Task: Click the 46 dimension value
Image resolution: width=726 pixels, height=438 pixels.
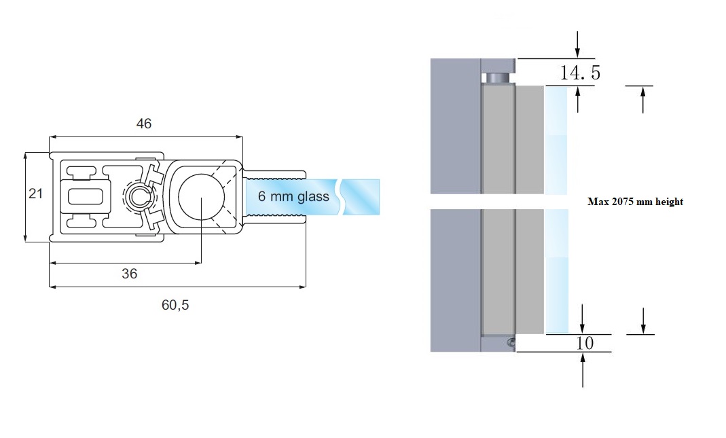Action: pos(143,124)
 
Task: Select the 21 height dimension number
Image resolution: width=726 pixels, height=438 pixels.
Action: pos(35,194)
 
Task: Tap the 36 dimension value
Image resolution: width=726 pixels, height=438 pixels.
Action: pos(129,273)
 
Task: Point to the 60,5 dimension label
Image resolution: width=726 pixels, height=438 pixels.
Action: pos(175,305)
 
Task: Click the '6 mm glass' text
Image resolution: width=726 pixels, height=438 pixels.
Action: pos(293,197)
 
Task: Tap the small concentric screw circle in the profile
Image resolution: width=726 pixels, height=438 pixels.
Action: pos(139,197)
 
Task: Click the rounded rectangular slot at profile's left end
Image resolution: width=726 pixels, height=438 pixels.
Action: pos(85,197)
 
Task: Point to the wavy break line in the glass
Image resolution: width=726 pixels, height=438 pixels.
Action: pos(344,197)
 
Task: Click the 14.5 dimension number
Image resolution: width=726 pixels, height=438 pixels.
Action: pos(580,73)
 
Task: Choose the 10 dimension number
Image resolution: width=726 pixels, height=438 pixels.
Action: pos(584,343)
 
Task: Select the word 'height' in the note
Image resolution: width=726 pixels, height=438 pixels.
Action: pos(669,202)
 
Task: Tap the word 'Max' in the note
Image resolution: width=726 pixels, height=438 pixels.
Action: pos(597,202)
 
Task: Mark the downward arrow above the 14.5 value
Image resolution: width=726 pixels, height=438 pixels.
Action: pos(577,44)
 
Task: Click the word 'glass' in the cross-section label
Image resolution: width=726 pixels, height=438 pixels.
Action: pos(312,197)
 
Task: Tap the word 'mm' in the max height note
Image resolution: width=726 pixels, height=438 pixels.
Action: pos(645,202)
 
